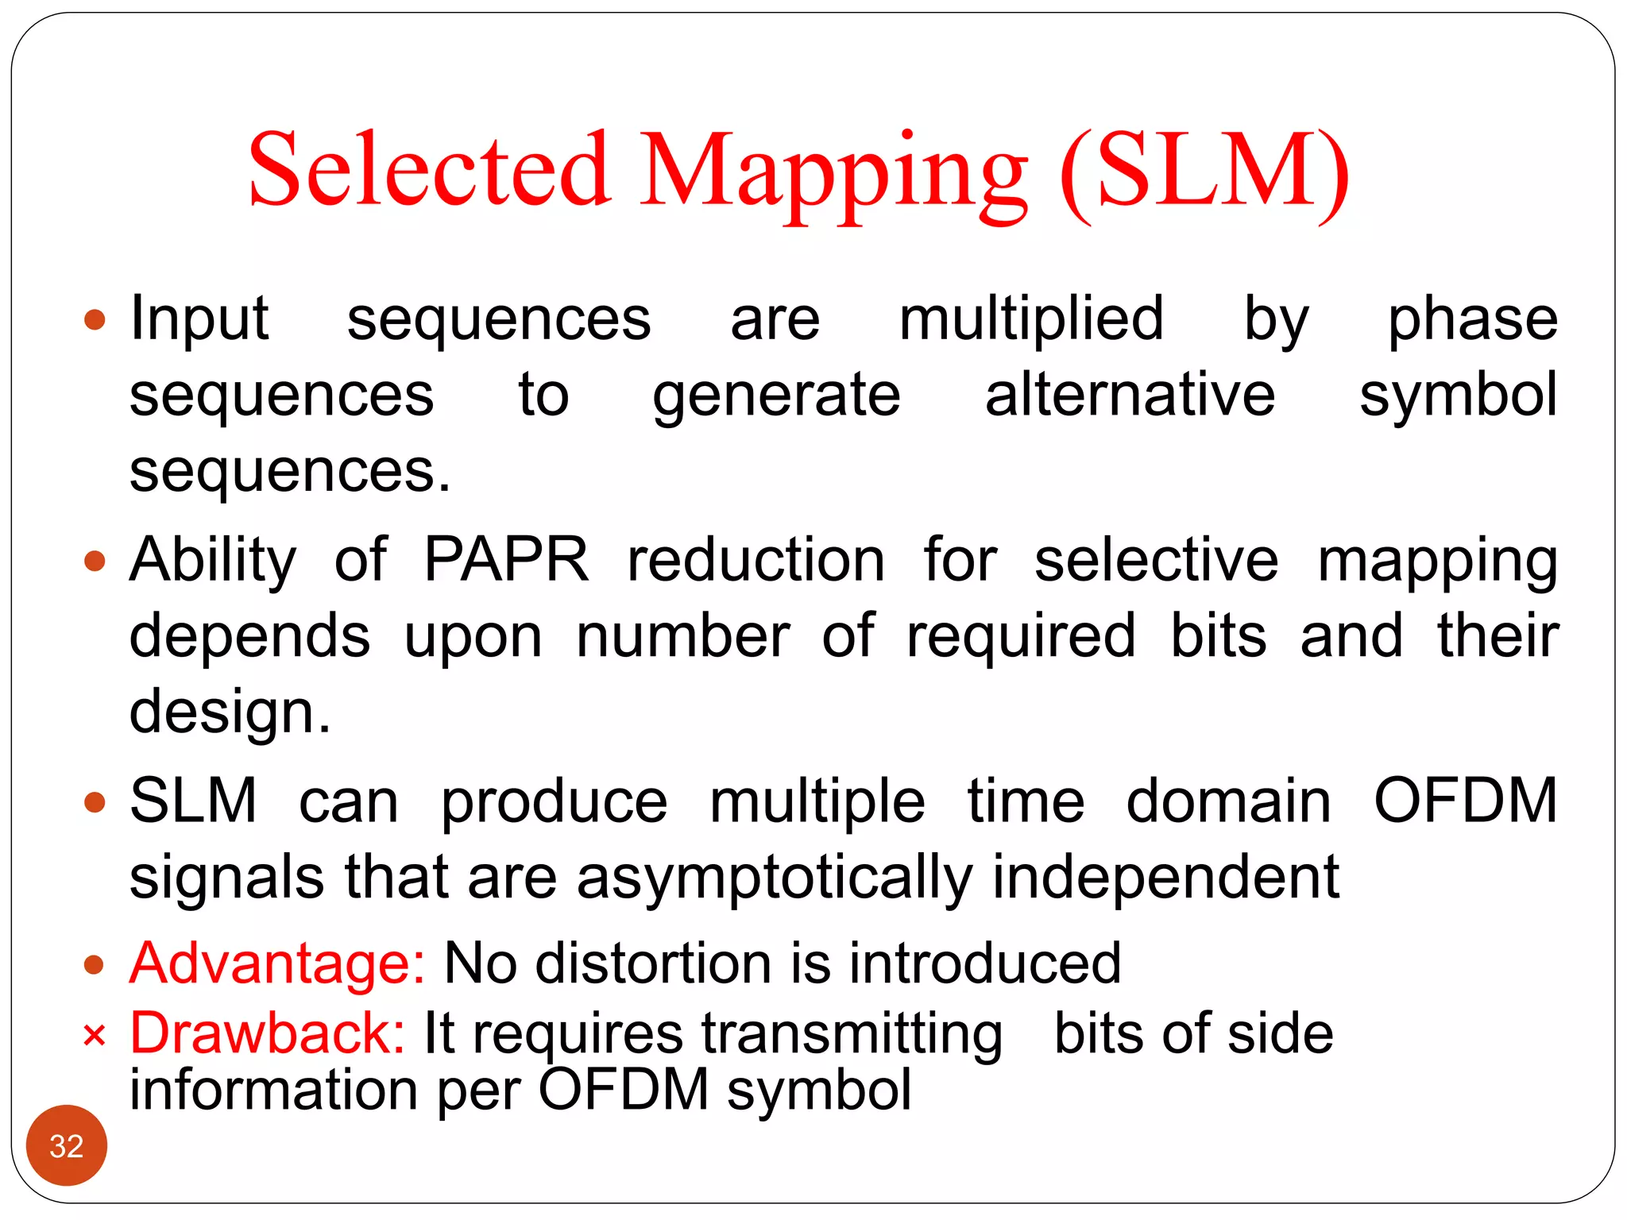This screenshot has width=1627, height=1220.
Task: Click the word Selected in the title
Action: tap(429, 171)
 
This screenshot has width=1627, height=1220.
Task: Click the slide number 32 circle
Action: tap(67, 1145)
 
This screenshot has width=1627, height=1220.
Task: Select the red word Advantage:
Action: tap(277, 963)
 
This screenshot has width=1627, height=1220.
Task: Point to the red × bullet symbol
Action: tap(94, 1036)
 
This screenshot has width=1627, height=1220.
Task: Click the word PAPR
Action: tap(506, 560)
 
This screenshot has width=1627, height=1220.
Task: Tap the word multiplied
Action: tap(1031, 319)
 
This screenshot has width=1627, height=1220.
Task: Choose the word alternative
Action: tap(1130, 395)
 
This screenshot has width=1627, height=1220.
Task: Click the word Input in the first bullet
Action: tap(199, 319)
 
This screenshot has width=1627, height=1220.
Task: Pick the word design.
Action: tap(230, 712)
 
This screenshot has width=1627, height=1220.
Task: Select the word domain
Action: tap(1228, 801)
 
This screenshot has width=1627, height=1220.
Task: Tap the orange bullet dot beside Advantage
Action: tap(95, 965)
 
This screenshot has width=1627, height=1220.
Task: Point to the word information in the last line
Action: tap(272, 1089)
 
